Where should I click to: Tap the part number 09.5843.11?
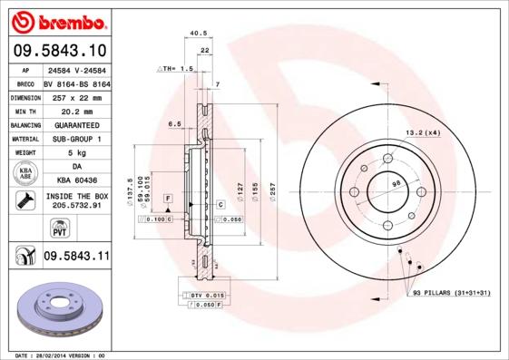75,258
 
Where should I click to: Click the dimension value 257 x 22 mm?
76,95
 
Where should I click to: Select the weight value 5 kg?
76,153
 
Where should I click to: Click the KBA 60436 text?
76,180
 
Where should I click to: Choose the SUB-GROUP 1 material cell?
76,139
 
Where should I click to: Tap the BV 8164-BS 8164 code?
76,82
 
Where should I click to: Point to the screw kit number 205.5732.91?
76,206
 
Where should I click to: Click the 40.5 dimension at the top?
193,34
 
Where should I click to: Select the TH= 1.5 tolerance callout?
176,69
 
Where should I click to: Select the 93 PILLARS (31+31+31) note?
450,294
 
